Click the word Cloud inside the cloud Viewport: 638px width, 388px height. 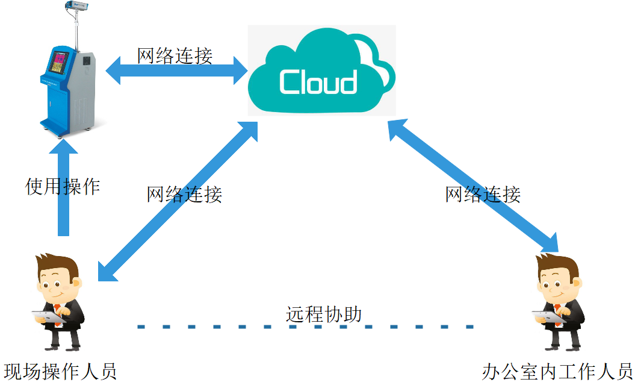tap(318, 82)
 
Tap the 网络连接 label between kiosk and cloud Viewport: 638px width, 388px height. tap(175, 56)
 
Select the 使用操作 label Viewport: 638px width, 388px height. tap(63, 186)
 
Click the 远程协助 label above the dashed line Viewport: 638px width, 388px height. tap(324, 314)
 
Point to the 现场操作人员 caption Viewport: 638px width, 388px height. tap(60, 371)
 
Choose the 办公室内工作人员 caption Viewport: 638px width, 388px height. tap(557, 371)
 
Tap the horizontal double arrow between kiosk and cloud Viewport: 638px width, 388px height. tap(178, 73)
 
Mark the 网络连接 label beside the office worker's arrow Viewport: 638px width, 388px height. tap(483, 194)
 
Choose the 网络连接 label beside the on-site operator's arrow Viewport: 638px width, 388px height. tap(185, 194)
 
